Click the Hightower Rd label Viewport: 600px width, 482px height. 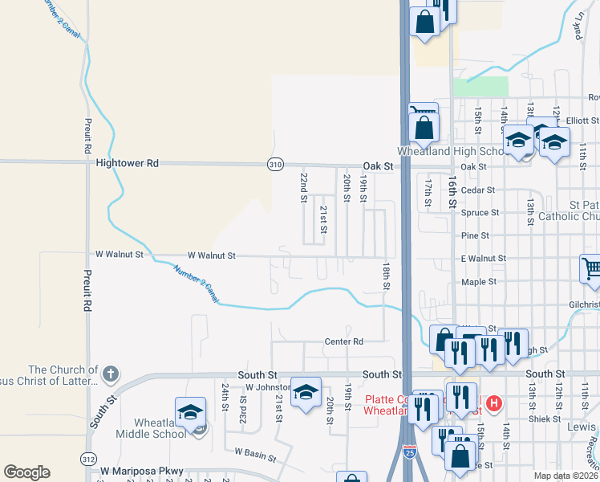[127, 163]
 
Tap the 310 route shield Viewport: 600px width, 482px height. [275, 164]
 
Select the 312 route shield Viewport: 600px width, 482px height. [87, 458]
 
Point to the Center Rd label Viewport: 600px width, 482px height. [343, 341]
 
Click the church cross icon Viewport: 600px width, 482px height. [111, 374]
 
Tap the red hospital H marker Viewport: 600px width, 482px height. [494, 402]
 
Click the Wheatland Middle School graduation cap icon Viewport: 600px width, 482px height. [191, 413]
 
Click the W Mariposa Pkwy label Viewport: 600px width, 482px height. [142, 472]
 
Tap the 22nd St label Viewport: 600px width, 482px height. [305, 186]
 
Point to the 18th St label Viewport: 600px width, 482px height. [386, 275]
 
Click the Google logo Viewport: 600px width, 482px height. [26, 472]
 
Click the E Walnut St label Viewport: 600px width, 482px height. [483, 259]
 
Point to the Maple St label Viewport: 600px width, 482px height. [476, 283]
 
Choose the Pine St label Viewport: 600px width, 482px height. [475, 235]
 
